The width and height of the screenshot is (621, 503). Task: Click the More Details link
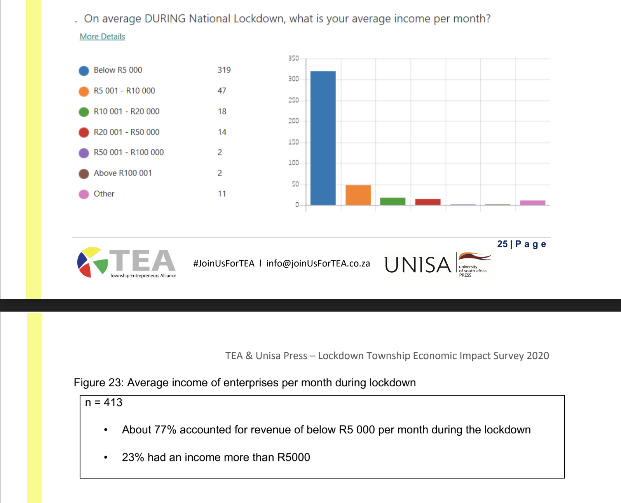[x=102, y=37]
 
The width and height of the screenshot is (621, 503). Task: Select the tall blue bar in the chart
[x=323, y=138]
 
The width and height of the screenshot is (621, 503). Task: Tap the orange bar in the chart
[x=358, y=195]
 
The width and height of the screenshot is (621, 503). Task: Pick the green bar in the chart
[x=392, y=201]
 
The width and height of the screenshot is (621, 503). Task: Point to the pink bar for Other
[x=532, y=203]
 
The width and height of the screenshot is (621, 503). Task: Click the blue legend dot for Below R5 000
[x=84, y=70]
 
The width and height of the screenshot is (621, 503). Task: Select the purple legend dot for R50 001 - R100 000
[x=84, y=153]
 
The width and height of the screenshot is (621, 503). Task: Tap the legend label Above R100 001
[x=123, y=173]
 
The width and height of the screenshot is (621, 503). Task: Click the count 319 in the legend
[x=224, y=70]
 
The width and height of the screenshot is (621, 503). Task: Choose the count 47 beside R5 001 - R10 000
[x=222, y=91]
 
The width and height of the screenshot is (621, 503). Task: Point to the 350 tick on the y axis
[x=293, y=58]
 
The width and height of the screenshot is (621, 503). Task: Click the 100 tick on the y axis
[x=293, y=163]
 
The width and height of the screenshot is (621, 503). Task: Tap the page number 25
[x=502, y=244]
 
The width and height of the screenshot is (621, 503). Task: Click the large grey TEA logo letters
[x=143, y=260]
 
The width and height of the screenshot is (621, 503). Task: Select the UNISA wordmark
[x=418, y=265]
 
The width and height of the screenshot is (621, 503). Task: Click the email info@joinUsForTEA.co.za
[x=318, y=263]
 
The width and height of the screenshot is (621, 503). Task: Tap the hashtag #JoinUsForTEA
[x=224, y=263]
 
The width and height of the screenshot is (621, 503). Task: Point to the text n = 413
[x=104, y=403]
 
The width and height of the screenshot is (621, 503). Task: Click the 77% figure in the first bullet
[x=165, y=430]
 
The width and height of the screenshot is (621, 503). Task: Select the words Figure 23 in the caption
[x=99, y=383]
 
